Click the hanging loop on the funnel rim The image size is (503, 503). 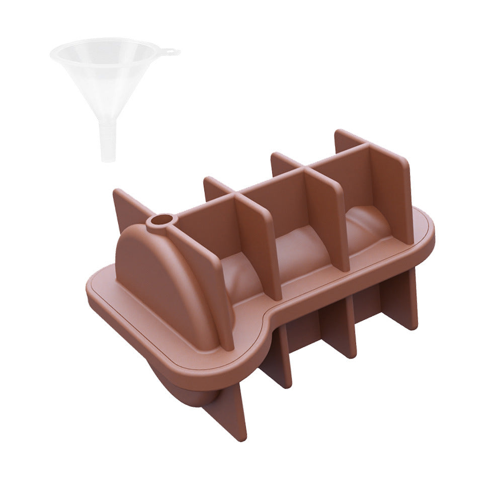pyautogui.click(x=173, y=51)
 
